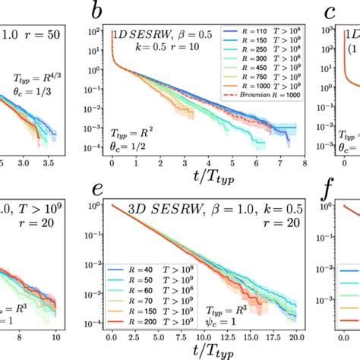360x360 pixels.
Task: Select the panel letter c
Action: (x=330, y=11)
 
